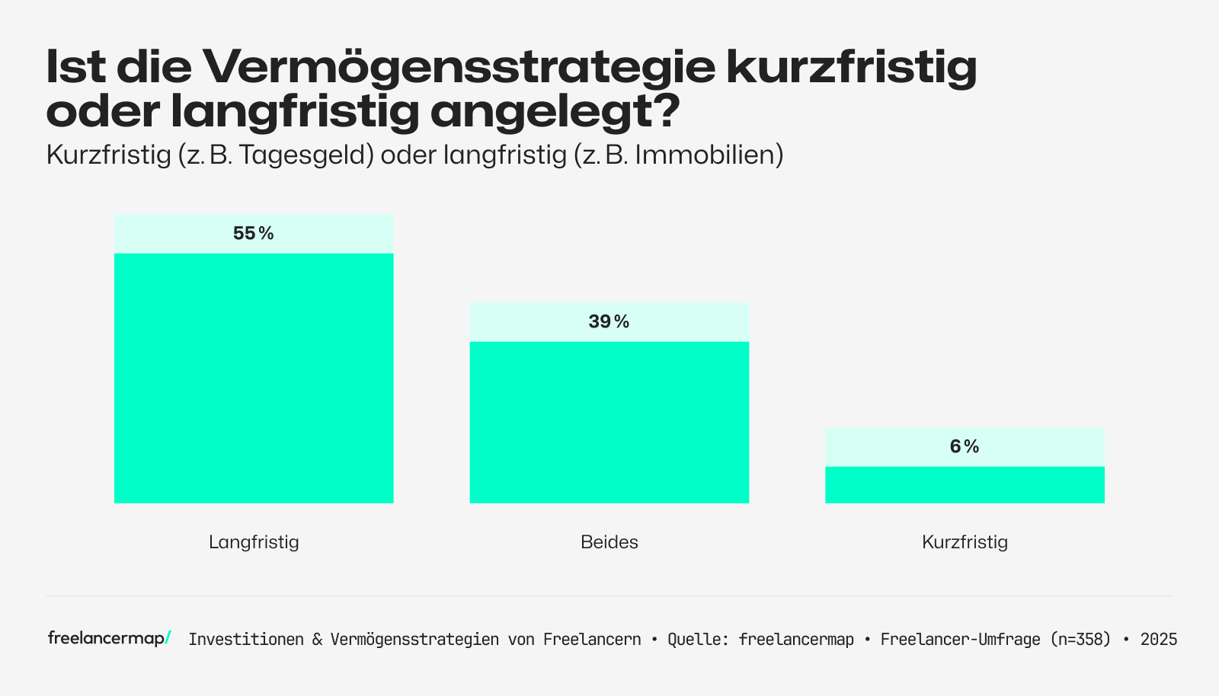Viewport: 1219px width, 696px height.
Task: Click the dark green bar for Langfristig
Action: click(254, 378)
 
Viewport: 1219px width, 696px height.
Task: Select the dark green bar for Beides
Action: click(609, 422)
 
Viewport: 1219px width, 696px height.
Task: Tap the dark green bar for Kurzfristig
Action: click(965, 484)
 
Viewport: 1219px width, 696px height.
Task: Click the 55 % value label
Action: click(254, 234)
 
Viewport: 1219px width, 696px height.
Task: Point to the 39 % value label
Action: click(609, 322)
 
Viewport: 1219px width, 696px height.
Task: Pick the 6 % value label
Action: click(965, 447)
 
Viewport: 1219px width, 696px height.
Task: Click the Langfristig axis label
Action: click(254, 542)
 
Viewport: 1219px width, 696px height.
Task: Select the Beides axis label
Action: click(609, 542)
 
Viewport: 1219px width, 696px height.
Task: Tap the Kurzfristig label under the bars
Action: click(965, 542)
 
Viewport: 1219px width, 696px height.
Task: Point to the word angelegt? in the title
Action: click(555, 111)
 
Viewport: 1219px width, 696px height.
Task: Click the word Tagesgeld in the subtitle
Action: click(306, 155)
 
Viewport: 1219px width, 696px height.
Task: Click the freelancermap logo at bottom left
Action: click(109, 638)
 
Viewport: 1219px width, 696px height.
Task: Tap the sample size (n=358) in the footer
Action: click(1080, 640)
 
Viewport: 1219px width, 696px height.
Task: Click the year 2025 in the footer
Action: click(1159, 640)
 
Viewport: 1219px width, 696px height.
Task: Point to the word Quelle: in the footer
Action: click(699, 640)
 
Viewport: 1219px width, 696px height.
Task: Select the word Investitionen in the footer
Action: click(246, 640)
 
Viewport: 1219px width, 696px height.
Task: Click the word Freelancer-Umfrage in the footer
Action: click(960, 640)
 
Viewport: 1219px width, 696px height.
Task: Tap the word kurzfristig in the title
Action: click(851, 67)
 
